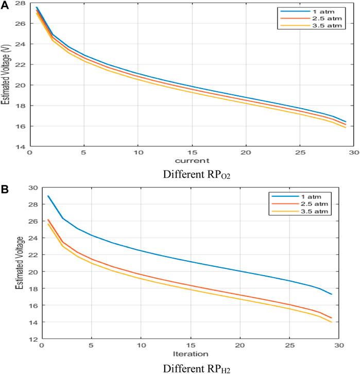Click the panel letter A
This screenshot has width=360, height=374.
click(5, 5)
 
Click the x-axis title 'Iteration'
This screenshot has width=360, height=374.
click(191, 354)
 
